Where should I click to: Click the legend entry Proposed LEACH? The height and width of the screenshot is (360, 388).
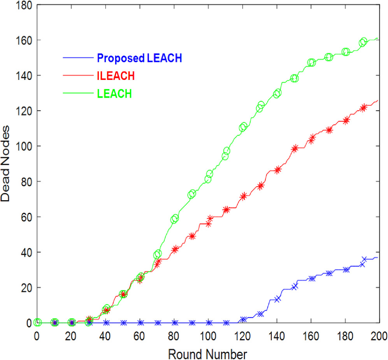(x=140, y=58)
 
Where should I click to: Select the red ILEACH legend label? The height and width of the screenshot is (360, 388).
(x=116, y=76)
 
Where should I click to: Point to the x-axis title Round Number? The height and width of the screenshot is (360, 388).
(x=207, y=354)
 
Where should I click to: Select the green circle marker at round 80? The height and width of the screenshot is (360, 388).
(x=174, y=219)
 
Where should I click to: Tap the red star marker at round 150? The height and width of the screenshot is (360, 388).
(x=295, y=148)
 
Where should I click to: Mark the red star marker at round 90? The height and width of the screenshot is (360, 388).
(x=192, y=236)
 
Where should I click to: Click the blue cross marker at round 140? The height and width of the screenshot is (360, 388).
(x=277, y=299)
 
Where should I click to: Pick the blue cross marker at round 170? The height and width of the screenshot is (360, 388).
(x=329, y=273)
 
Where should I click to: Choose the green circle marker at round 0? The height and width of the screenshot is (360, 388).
(x=37, y=322)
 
